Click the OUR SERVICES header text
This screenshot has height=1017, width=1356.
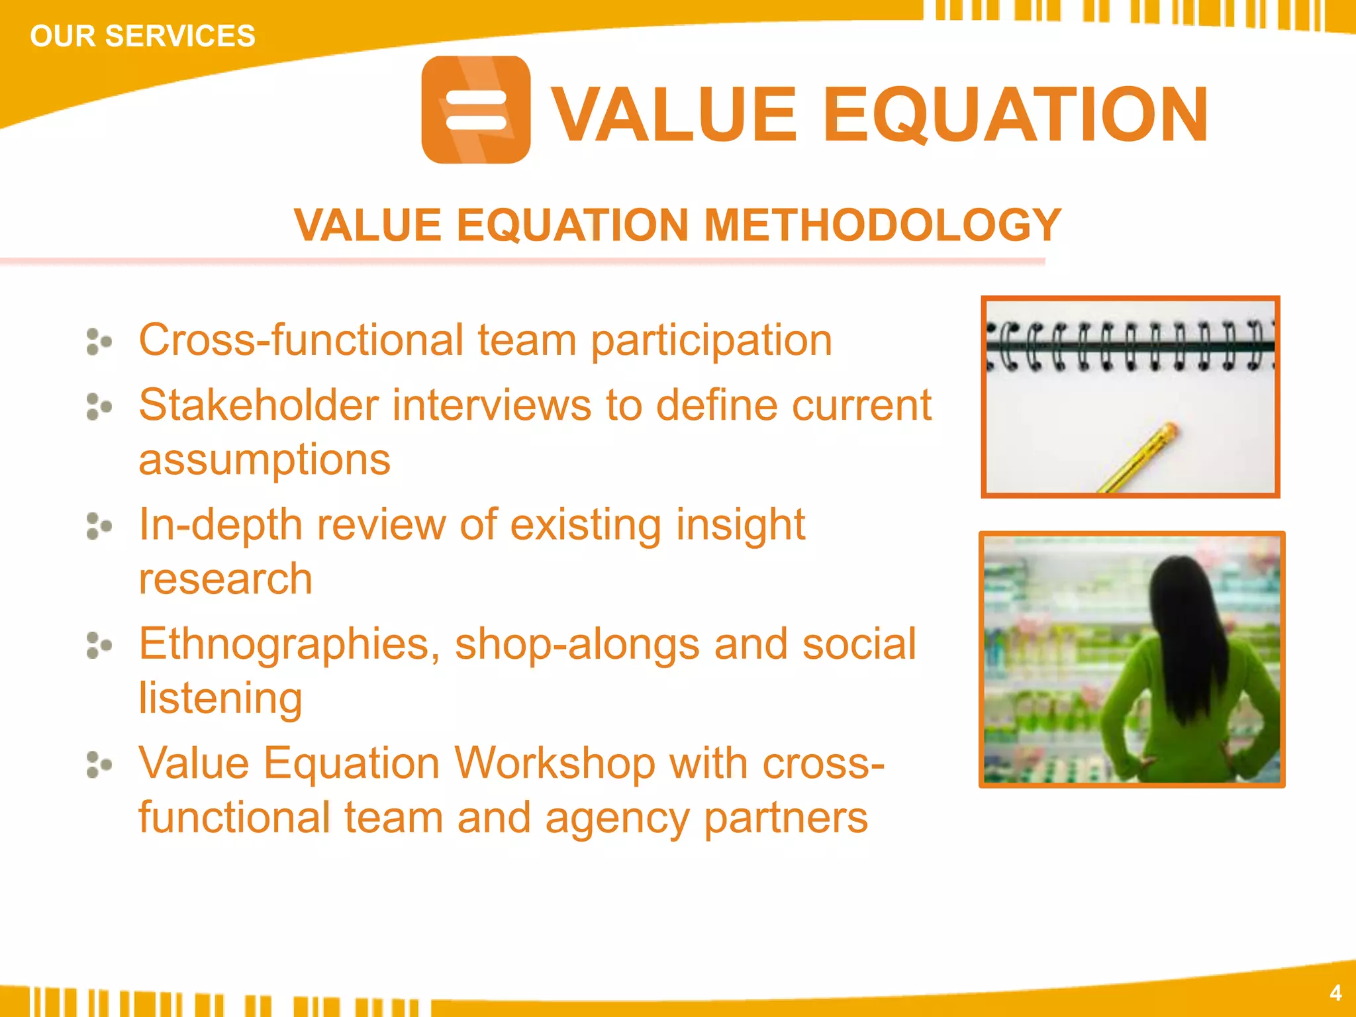click(142, 36)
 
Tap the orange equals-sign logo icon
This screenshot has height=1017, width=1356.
click(475, 110)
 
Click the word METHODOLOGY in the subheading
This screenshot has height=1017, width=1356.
click(882, 225)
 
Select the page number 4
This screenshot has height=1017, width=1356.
click(1335, 993)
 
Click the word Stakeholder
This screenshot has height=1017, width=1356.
click(258, 405)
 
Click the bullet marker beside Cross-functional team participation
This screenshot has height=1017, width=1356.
click(99, 342)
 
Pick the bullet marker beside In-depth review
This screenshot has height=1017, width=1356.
click(99, 526)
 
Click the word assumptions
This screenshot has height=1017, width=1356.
click(264, 460)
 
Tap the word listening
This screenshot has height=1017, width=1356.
click(220, 698)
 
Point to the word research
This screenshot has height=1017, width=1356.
click(225, 579)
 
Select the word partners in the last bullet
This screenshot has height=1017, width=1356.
click(785, 818)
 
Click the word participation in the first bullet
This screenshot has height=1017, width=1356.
click(711, 340)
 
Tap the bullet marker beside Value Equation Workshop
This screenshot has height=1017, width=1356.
click(99, 765)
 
